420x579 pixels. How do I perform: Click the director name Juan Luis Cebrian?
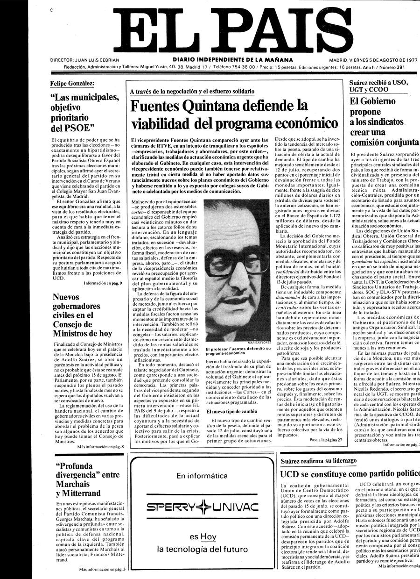(x=84, y=60)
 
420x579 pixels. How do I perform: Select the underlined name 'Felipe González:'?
(x=72, y=84)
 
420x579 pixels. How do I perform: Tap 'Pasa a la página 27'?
(x=325, y=440)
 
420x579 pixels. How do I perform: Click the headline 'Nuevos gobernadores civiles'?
(x=82, y=315)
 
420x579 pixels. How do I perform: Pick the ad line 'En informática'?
(x=202, y=476)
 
